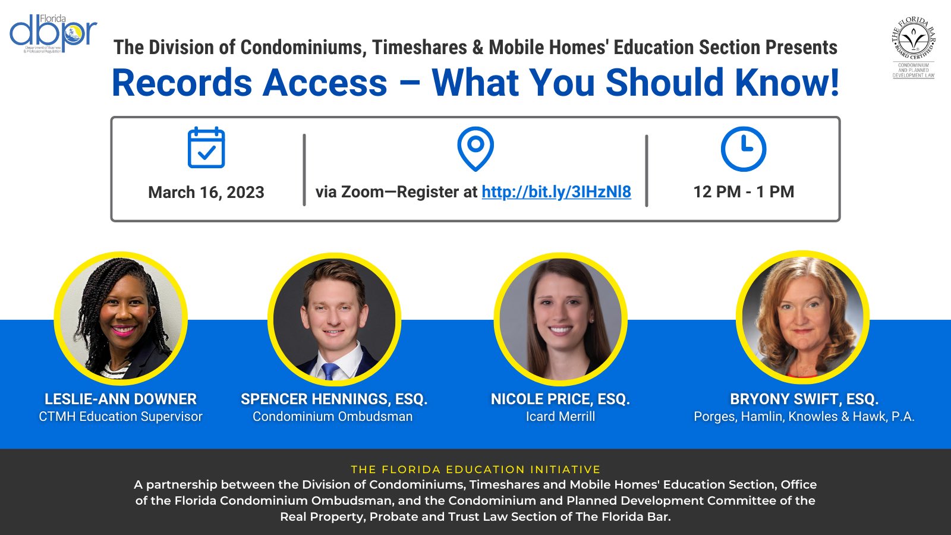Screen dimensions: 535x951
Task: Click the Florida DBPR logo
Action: click(53, 34)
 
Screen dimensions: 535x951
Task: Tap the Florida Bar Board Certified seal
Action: click(914, 48)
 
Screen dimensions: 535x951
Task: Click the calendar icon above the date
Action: click(206, 147)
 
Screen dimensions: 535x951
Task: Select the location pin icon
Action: click(475, 148)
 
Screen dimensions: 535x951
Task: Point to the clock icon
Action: click(743, 149)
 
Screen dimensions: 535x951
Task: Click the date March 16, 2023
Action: click(206, 192)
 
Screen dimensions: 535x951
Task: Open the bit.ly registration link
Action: click(556, 191)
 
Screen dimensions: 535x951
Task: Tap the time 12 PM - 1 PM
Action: click(744, 191)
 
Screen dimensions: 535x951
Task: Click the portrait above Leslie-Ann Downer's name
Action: click(121, 319)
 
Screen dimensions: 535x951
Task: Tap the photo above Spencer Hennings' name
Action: click(334, 320)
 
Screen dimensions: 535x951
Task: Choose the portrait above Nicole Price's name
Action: click(560, 320)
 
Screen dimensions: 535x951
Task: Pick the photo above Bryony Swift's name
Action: click(802, 318)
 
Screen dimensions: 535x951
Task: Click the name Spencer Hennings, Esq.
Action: click(334, 399)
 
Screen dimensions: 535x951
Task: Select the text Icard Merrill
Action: click(560, 417)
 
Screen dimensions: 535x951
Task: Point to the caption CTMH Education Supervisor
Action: click(121, 417)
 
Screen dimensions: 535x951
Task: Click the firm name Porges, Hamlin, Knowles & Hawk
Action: click(804, 417)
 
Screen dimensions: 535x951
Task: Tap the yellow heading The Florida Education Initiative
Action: click(475, 469)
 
